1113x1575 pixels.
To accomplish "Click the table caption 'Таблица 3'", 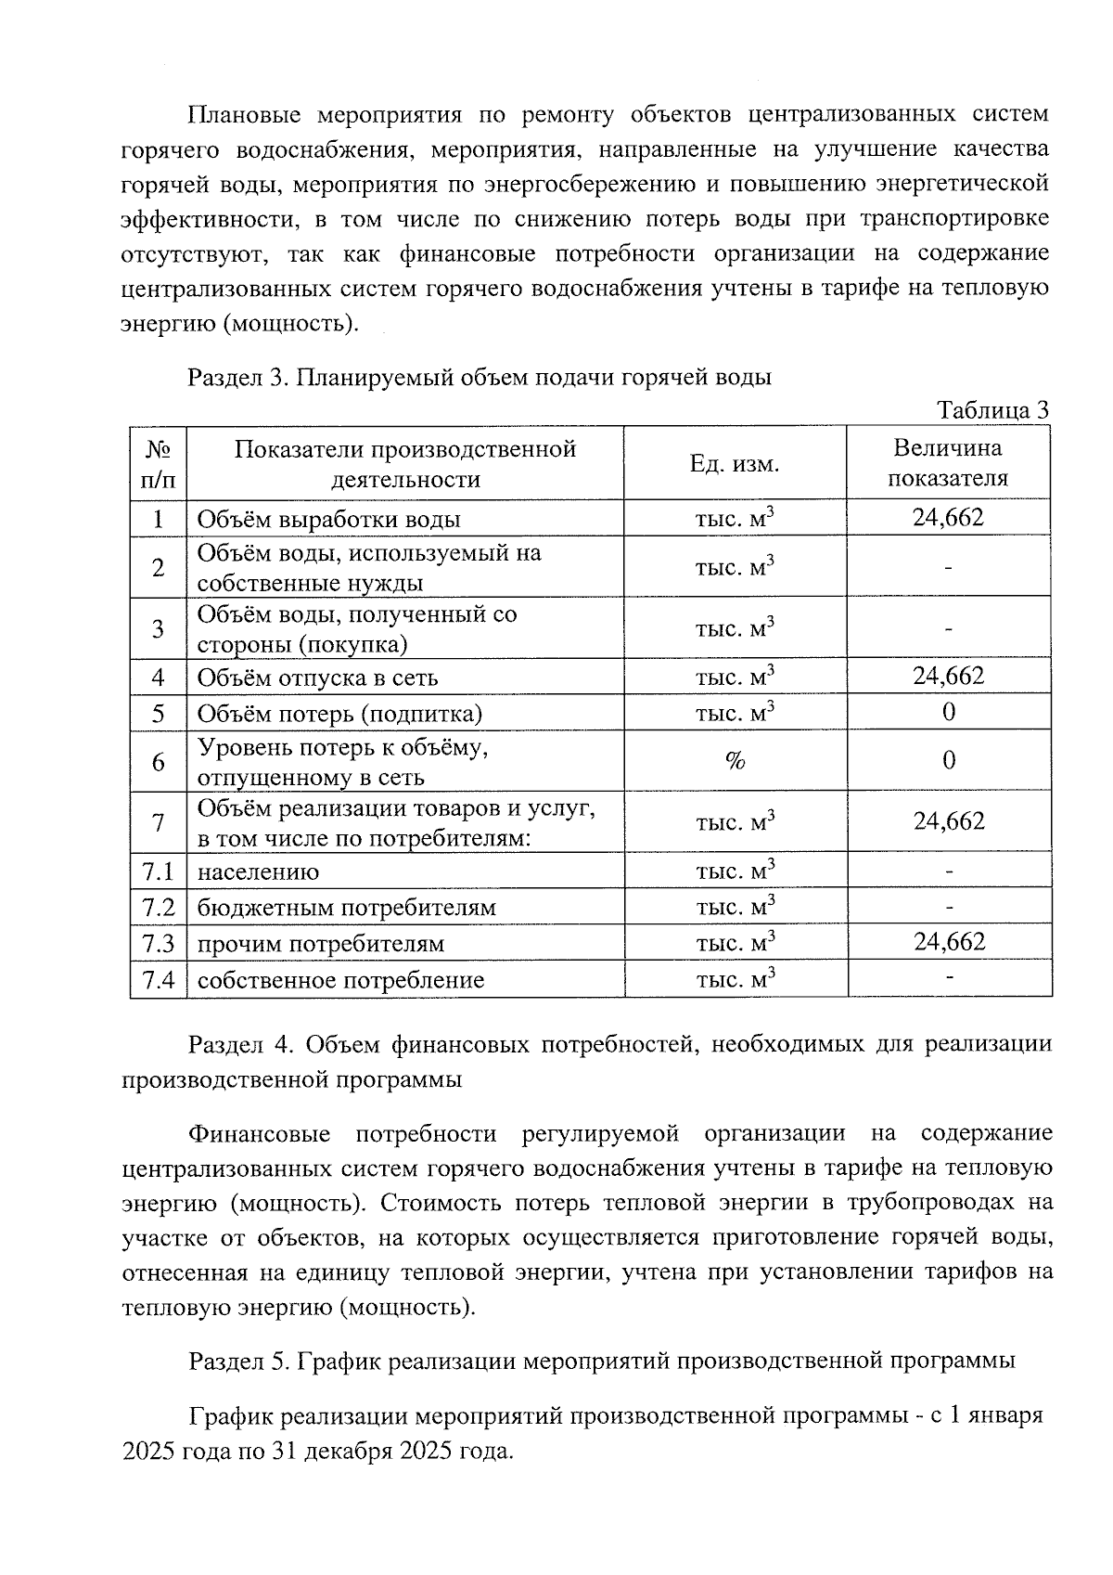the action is [x=991, y=409].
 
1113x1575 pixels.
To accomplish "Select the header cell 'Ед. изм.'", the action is [x=734, y=464].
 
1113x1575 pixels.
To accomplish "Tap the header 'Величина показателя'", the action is [x=947, y=463].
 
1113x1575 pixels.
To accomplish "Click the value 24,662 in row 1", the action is [x=947, y=518].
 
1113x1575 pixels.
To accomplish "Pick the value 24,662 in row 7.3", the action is [x=948, y=942].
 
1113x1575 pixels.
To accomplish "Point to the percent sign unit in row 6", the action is [x=735, y=761].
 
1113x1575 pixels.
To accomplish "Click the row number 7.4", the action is [x=159, y=979].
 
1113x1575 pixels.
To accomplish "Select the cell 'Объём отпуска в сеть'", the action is [x=317, y=678].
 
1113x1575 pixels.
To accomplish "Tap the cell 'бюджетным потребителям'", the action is [x=346, y=908].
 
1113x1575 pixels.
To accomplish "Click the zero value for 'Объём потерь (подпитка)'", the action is [x=948, y=712].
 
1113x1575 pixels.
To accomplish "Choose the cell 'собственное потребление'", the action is [x=340, y=980].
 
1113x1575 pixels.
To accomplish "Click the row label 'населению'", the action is [x=258, y=871].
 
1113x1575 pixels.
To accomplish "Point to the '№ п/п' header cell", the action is [x=159, y=464].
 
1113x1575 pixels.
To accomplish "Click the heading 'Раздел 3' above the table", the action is [x=237, y=378].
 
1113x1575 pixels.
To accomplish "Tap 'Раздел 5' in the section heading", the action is [x=239, y=1362].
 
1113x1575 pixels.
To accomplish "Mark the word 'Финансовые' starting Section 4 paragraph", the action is [x=259, y=1134].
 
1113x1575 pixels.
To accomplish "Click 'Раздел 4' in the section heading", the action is [x=239, y=1045].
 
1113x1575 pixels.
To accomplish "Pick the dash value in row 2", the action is [x=948, y=567].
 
